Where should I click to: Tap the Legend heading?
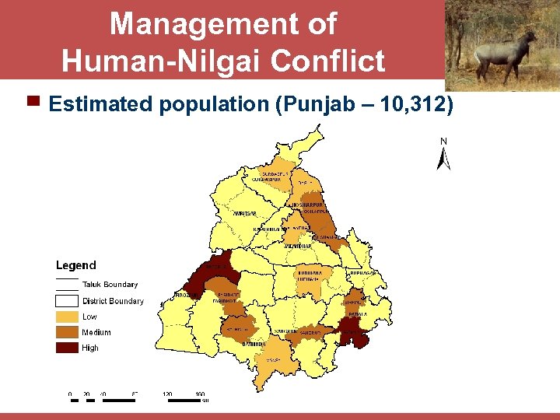[x=75, y=266]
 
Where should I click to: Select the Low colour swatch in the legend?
[x=67, y=317]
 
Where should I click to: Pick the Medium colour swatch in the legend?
[x=67, y=332]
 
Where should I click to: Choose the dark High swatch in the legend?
[x=67, y=348]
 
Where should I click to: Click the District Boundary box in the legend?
[x=67, y=301]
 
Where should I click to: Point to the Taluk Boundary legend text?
[x=110, y=285]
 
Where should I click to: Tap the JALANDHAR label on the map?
[x=298, y=246]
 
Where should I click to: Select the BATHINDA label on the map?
[x=254, y=343]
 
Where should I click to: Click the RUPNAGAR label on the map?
[x=363, y=273]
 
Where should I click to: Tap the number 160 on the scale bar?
[x=200, y=394]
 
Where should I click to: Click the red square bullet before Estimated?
[x=33, y=101]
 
